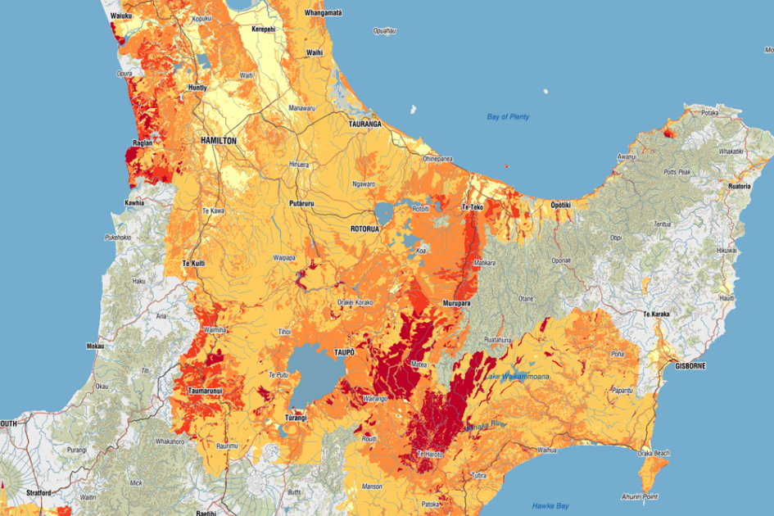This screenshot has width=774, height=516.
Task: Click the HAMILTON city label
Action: (218, 141)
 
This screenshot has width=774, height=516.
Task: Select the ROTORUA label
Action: (364, 229)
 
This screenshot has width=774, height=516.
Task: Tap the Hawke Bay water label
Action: (550, 505)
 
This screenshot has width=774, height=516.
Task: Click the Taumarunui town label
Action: (206, 392)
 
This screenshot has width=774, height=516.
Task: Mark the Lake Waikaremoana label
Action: (516, 377)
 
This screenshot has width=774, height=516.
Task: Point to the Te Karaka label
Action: (657, 314)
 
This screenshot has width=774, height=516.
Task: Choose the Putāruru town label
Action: (302, 202)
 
